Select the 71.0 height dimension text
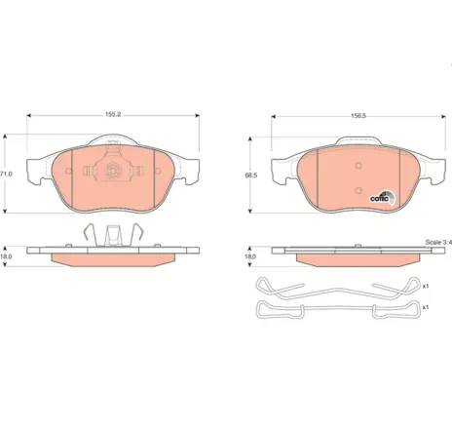pyautogui.click(x=5, y=174)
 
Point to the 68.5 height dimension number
pyautogui.click(x=251, y=176)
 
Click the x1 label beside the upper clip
pyautogui.click(x=426, y=285)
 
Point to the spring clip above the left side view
pyautogui.click(x=113, y=235)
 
